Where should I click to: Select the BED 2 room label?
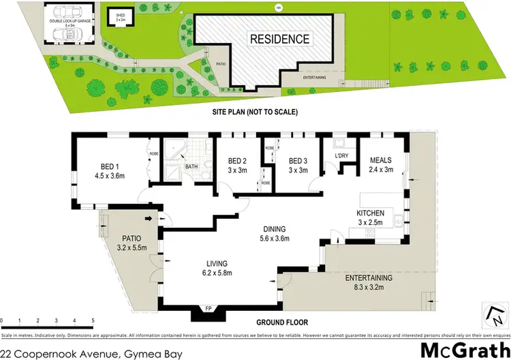(x=236, y=161)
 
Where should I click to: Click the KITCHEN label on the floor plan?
(x=371, y=213)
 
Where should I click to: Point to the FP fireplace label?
(x=209, y=309)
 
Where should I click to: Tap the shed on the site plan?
(x=120, y=18)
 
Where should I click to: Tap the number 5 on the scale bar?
(x=93, y=319)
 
